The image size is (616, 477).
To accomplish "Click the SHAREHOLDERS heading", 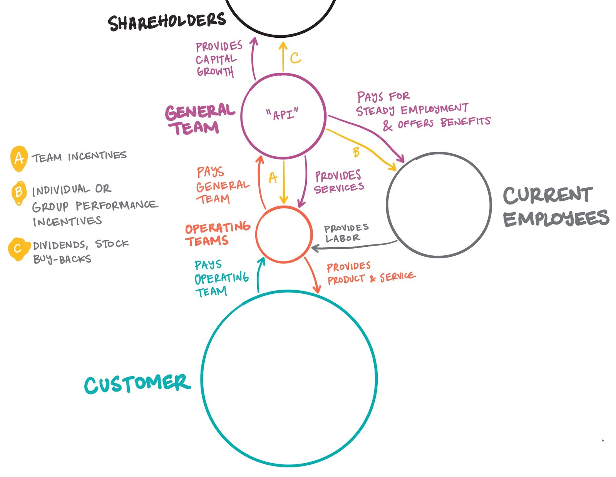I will point(166,22).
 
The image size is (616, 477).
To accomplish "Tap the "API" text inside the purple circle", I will point(282,114).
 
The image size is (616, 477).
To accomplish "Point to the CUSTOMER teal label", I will point(137,384).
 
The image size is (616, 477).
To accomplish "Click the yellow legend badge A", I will point(18,158).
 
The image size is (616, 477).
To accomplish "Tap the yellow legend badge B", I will point(18,191).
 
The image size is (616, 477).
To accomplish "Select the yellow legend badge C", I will point(18,249).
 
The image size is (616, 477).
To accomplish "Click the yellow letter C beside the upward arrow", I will point(295,58).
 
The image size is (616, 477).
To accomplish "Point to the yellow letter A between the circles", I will point(273,178).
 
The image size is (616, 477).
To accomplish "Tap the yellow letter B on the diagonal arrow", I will point(357,152).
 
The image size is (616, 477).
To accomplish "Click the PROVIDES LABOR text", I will point(345,233).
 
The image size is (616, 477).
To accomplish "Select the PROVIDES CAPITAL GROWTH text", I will point(218,59).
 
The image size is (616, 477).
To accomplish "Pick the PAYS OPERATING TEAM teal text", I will point(220,278).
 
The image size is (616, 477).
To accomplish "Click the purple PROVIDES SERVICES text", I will point(338,182).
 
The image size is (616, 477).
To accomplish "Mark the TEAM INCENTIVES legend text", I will point(79,157).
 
